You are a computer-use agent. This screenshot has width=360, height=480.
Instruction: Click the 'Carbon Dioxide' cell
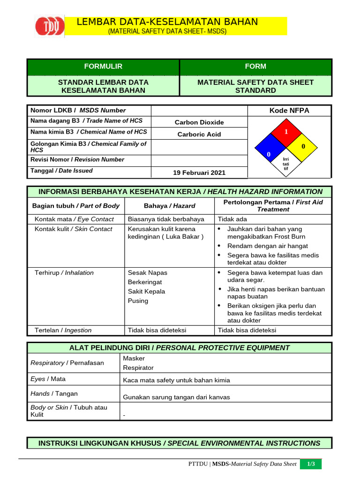pyautogui.click(x=199, y=122)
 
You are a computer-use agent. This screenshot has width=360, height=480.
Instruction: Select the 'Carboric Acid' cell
pyautogui.click(x=199, y=134)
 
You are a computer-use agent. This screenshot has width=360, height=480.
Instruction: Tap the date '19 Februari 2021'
pyautogui.click(x=199, y=172)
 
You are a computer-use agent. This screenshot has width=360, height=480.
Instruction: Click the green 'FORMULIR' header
pyautogui.click(x=103, y=67)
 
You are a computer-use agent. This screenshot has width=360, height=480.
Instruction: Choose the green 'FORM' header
pyautogui.click(x=255, y=67)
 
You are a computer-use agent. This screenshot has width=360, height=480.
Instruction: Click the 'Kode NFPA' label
pyautogui.click(x=289, y=111)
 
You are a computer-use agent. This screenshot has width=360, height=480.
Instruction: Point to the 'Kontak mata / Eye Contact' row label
pyautogui.click(x=74, y=219)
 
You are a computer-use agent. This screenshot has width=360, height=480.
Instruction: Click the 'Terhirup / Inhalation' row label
pyautogui.click(x=64, y=272)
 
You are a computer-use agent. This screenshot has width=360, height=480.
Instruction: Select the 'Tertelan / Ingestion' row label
pyautogui.click(x=63, y=330)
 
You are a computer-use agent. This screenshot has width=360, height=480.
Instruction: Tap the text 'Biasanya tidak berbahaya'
pyautogui.click(x=166, y=219)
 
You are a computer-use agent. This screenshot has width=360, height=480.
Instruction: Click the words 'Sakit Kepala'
pyautogui.click(x=147, y=291)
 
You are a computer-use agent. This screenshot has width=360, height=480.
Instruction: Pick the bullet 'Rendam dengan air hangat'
pyautogui.click(x=267, y=246)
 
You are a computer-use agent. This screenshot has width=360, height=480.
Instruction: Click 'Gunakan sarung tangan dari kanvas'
pyautogui.click(x=176, y=397)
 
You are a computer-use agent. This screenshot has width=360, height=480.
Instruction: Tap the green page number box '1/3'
pyautogui.click(x=311, y=464)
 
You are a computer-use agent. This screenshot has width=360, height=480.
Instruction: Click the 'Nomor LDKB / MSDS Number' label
pyautogui.click(x=78, y=110)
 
